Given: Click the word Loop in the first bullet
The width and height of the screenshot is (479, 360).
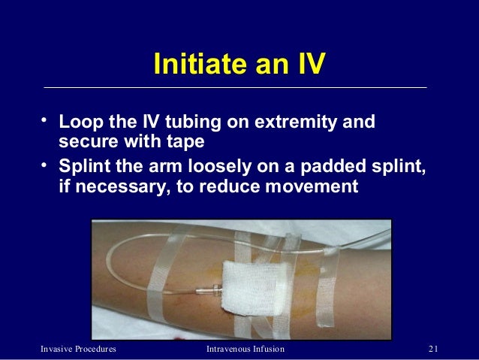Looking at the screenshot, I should point(81,122).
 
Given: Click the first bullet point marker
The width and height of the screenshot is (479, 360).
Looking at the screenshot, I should point(46,120).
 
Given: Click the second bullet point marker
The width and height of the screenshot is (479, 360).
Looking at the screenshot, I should point(46,165).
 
